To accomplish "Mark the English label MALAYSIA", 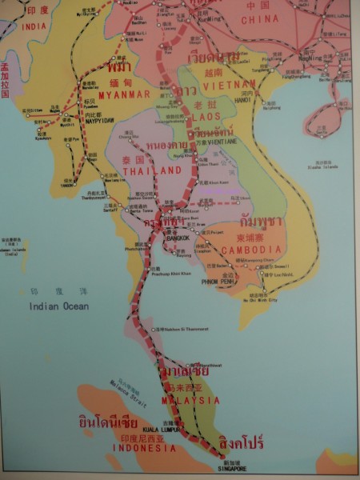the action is (190, 399).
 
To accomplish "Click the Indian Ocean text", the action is (58, 306).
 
